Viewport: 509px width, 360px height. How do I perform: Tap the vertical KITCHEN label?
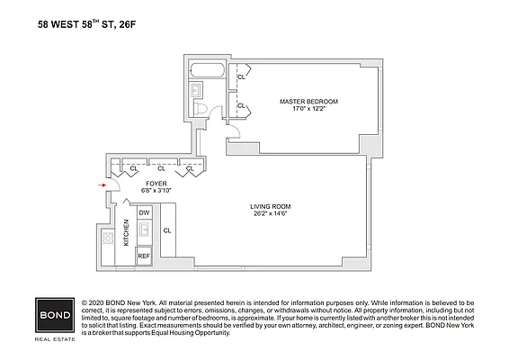[127, 233]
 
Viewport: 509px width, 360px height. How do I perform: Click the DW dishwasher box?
[144, 212]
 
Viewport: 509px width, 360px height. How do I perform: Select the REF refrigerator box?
[144, 256]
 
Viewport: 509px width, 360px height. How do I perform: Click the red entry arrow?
[103, 187]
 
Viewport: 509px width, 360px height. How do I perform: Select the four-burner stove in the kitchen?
[108, 238]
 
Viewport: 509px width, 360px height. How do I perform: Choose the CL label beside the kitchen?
[167, 231]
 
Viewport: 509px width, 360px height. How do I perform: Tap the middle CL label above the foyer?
[161, 168]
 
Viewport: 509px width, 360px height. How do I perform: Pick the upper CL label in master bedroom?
[241, 77]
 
